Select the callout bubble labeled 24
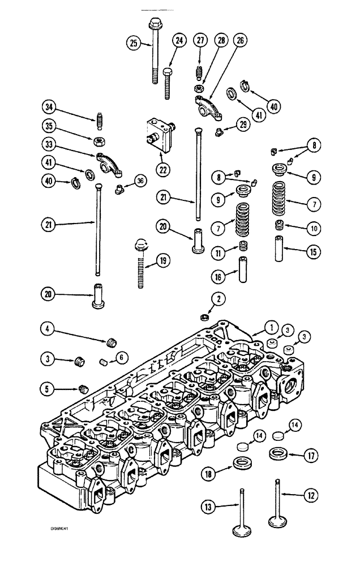point(179,41)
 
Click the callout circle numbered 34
point(49,106)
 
